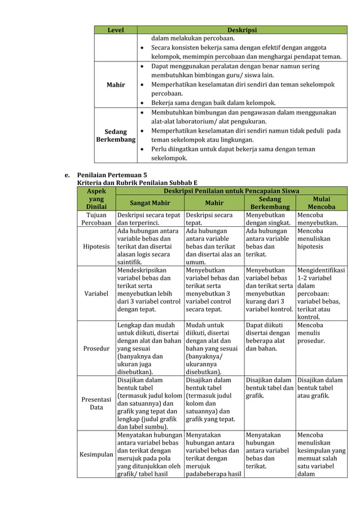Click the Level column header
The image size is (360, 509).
tap(115, 30)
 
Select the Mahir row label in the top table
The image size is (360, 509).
tap(115, 85)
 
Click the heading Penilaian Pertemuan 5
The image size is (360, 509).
tap(111, 175)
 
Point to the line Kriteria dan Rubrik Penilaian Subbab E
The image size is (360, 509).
tap(137, 183)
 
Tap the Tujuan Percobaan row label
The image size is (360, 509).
tap(96, 219)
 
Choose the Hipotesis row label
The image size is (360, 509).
tap(96, 247)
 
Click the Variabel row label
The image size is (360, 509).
tap(96, 294)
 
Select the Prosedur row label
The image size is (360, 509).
tap(96, 349)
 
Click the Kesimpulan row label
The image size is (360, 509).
tap(96, 455)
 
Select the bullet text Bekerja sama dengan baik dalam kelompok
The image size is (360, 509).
tap(213, 103)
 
